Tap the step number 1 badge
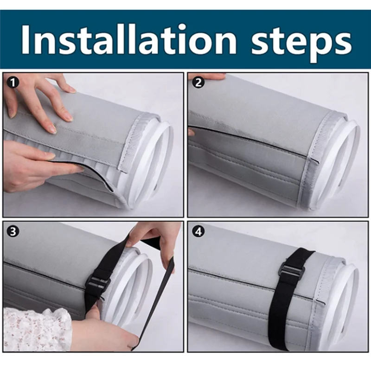coord(13,83)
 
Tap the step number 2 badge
coord(198,83)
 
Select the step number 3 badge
coord(13,231)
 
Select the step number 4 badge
coord(198,231)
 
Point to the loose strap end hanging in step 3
coord(154,307)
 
